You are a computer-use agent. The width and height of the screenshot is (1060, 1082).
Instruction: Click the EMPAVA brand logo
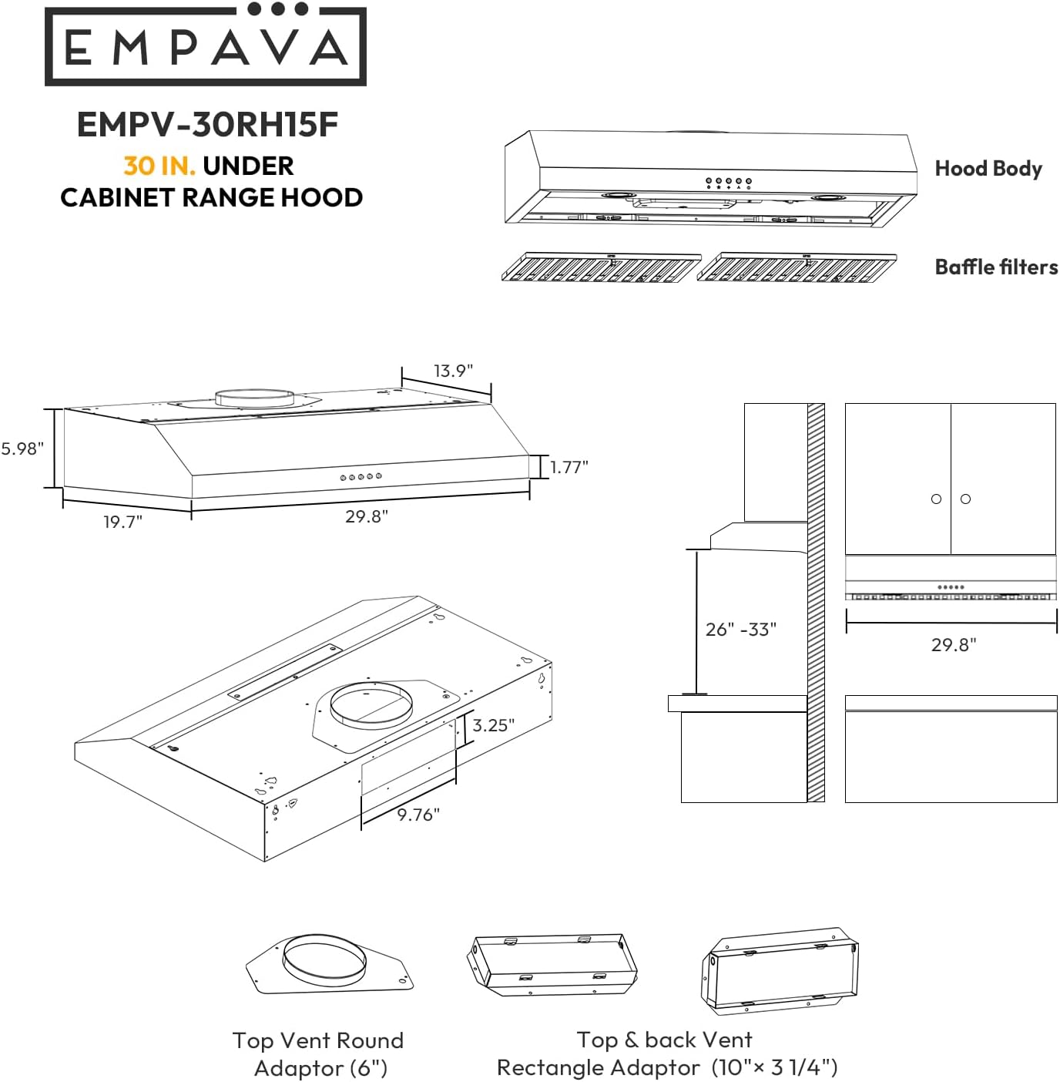pyautogui.click(x=206, y=45)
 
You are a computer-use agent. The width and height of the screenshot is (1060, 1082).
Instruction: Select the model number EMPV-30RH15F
pyautogui.click(x=207, y=125)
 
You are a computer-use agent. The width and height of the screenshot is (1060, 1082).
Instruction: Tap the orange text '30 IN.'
pyautogui.click(x=159, y=166)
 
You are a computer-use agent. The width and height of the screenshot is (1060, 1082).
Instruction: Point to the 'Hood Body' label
pyautogui.click(x=988, y=169)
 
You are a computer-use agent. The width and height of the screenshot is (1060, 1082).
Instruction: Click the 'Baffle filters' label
pyautogui.click(x=995, y=267)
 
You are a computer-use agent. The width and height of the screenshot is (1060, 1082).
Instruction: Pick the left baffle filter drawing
pyautogui.click(x=601, y=267)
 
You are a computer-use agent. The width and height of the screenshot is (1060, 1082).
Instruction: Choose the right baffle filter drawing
pyautogui.click(x=797, y=267)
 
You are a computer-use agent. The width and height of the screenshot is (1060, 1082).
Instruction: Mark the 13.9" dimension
pyautogui.click(x=453, y=371)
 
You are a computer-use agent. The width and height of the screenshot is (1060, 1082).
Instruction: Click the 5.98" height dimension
pyautogui.click(x=22, y=449)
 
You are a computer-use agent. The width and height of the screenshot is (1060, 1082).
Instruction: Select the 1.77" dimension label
pyautogui.click(x=569, y=467)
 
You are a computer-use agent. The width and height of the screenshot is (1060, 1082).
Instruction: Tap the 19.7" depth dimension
pyautogui.click(x=122, y=522)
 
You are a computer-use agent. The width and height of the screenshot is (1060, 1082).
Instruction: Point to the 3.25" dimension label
pyautogui.click(x=493, y=725)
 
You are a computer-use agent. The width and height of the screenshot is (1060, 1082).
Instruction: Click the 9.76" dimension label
pyautogui.click(x=418, y=815)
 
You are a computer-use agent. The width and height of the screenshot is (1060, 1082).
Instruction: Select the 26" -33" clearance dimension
pyautogui.click(x=740, y=630)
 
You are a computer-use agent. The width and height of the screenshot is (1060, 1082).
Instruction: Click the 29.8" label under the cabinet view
pyautogui.click(x=953, y=644)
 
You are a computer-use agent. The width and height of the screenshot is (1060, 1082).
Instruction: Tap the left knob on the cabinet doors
pyautogui.click(x=936, y=499)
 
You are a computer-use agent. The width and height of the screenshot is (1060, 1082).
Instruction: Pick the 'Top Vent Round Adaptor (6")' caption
pyautogui.click(x=319, y=1054)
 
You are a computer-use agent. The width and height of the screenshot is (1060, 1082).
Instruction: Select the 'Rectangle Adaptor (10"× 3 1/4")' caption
pyautogui.click(x=666, y=1067)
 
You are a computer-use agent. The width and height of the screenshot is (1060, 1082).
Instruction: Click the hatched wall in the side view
pyautogui.click(x=816, y=601)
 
